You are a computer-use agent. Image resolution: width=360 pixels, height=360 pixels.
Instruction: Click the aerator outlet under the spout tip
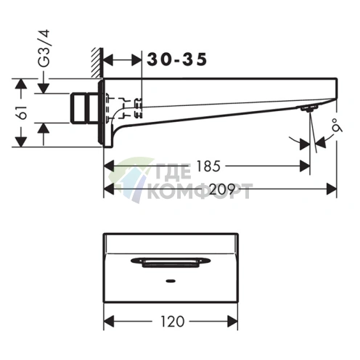tap(309, 108)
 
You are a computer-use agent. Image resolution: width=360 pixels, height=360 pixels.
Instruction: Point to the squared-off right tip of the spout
tap(335, 91)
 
